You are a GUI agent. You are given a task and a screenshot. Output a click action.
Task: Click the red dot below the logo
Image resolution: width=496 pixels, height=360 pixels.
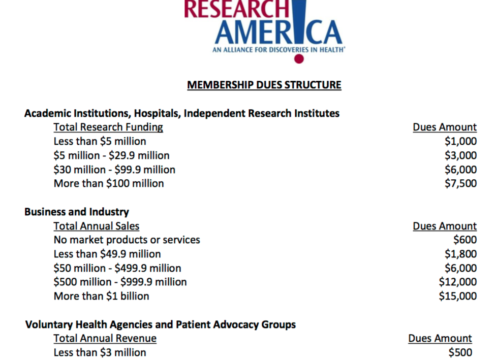click(x=299, y=59)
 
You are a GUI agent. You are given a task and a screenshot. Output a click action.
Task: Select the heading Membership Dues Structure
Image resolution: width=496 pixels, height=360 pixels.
click(x=264, y=85)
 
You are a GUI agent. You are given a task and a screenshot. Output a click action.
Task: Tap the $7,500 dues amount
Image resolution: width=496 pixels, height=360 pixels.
click(x=460, y=183)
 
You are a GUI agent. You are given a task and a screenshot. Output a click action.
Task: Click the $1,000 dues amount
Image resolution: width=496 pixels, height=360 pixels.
click(x=460, y=141)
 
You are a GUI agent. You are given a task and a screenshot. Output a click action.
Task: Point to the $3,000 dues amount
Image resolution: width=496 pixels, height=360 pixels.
click(x=460, y=155)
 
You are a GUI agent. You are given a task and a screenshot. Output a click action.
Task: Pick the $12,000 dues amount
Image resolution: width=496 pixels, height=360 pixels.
click(x=458, y=282)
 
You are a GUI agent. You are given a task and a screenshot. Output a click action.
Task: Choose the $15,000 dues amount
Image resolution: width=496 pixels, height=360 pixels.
click(x=458, y=296)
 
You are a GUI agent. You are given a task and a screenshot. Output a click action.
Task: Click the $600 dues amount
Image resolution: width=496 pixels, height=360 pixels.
click(x=465, y=240)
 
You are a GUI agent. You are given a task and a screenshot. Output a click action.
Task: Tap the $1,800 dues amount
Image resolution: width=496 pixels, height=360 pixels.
click(x=460, y=254)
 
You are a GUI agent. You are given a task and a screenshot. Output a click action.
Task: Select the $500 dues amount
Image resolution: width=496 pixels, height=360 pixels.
click(x=460, y=352)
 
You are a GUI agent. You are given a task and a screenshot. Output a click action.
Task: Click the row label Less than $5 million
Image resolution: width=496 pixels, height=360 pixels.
click(x=100, y=141)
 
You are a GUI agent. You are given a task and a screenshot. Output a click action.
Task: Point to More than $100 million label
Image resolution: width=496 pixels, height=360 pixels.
click(x=109, y=183)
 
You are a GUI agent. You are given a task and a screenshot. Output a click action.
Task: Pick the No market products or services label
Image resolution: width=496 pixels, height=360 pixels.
click(x=127, y=240)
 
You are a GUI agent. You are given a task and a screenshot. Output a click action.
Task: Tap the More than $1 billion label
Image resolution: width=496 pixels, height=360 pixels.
click(x=102, y=296)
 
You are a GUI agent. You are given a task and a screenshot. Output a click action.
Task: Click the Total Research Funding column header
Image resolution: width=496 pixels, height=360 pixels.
click(x=108, y=127)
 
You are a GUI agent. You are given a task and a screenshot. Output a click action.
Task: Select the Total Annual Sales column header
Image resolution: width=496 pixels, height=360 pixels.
click(x=97, y=226)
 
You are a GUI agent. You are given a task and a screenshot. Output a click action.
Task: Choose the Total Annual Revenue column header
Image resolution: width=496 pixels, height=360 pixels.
click(x=105, y=338)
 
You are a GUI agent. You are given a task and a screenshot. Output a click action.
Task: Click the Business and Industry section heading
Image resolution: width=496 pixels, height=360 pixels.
click(x=77, y=212)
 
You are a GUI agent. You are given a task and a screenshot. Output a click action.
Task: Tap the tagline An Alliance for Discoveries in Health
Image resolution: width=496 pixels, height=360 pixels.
click(x=278, y=50)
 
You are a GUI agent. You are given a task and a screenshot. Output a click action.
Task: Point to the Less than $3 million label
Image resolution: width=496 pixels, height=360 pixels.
click(x=100, y=352)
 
